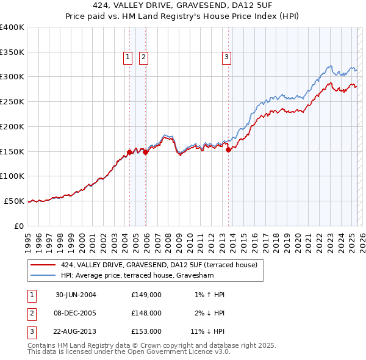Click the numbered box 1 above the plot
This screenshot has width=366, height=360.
tap(128, 58)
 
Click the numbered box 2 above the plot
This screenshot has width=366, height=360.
tap(143, 58)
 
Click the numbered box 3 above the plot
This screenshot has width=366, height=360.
tap(226, 58)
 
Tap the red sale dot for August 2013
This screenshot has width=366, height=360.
tap(228, 149)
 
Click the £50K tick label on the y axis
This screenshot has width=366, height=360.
tap(14, 201)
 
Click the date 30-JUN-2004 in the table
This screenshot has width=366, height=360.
tap(76, 295)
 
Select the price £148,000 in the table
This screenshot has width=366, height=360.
tap(146, 313)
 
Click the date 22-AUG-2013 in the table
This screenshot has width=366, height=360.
tap(76, 332)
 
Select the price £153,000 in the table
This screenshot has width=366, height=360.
tap(146, 332)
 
